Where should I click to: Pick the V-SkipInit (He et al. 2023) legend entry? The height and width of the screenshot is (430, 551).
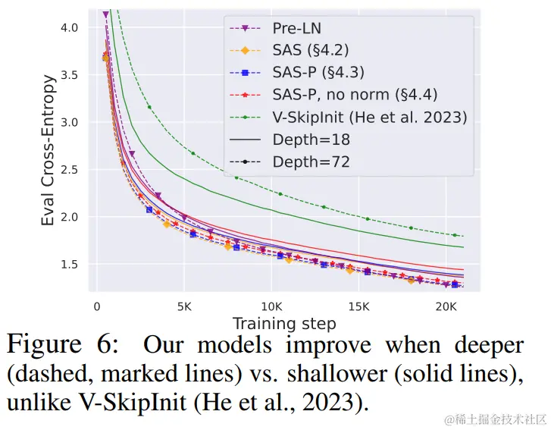pos(369,118)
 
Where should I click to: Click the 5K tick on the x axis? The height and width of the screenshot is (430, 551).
pos(183,308)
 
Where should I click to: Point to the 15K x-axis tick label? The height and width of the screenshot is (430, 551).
pos(358,308)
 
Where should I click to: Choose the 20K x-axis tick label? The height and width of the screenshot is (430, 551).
pos(445,308)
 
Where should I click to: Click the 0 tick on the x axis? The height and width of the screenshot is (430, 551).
pos(96,308)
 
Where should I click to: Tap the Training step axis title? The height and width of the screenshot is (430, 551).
pos(283,325)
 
